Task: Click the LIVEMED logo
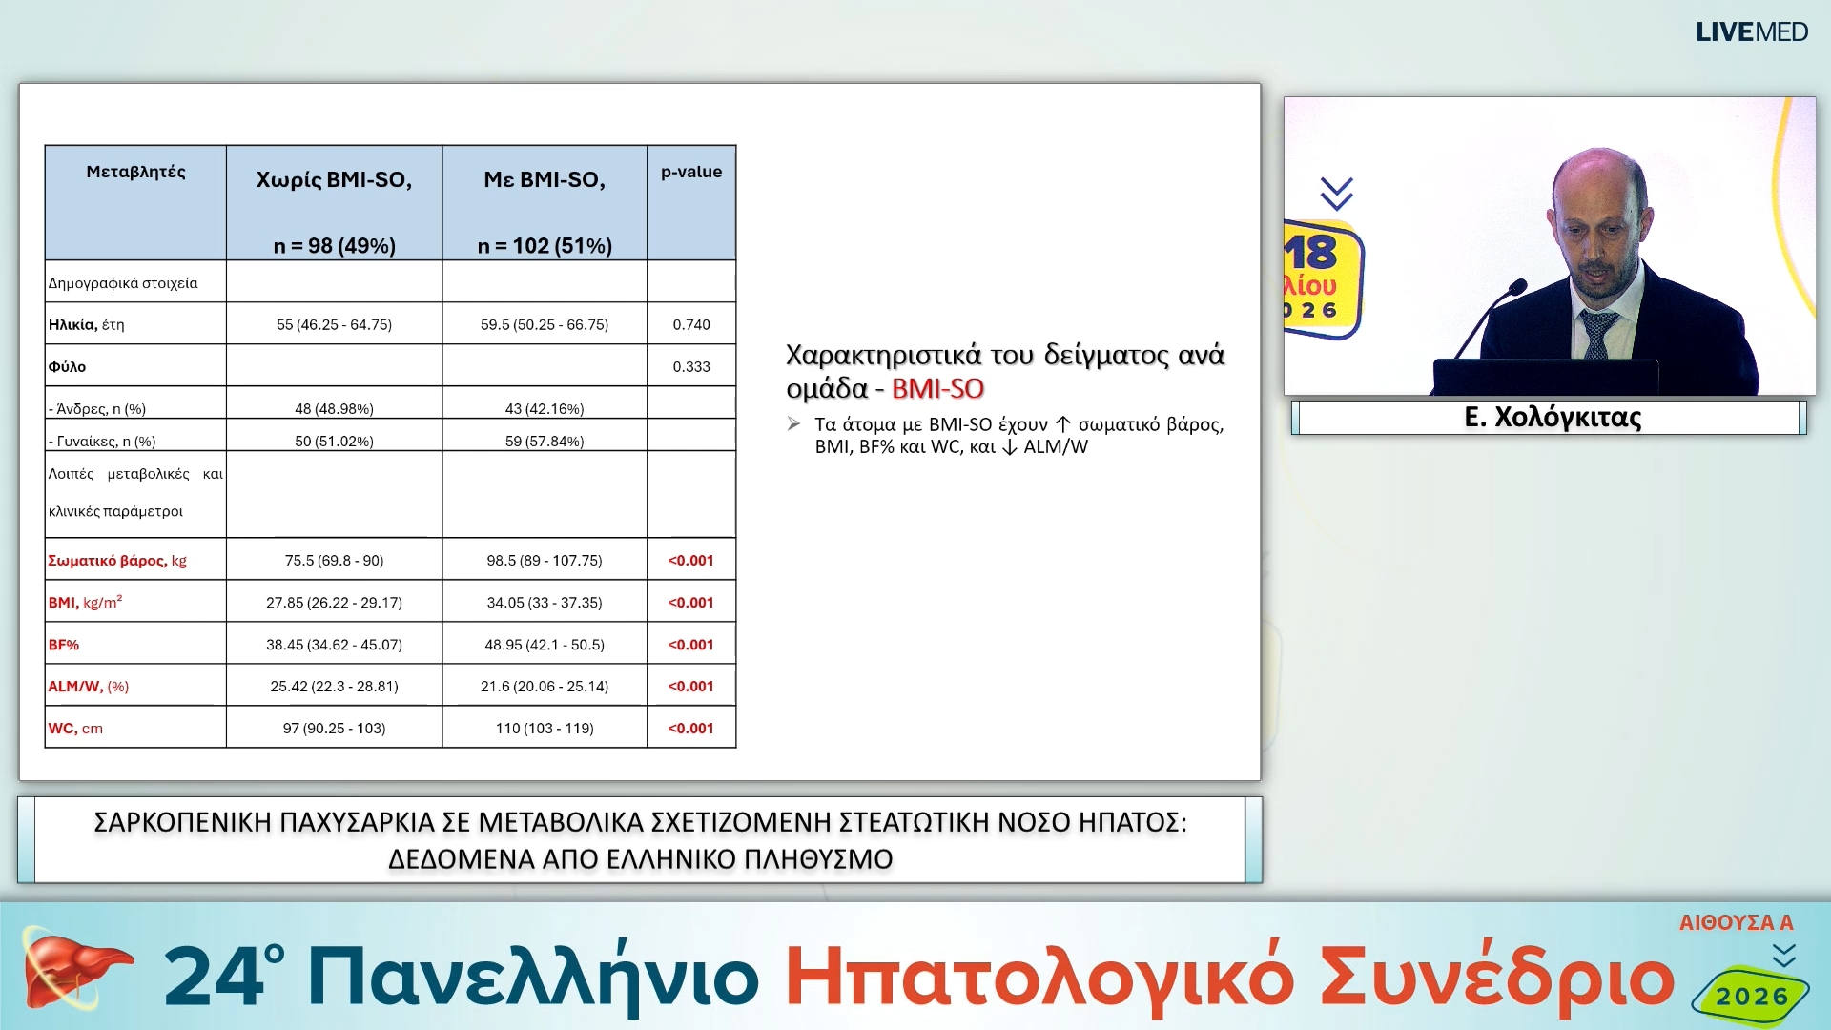click(1751, 32)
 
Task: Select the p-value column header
click(691, 173)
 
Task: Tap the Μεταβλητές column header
click(135, 173)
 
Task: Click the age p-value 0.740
click(691, 325)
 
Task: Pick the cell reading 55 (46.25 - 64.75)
click(334, 325)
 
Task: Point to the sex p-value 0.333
click(691, 367)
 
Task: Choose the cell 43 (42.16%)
click(545, 409)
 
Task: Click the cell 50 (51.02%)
click(334, 442)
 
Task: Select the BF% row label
click(64, 646)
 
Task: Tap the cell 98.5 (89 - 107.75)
click(545, 561)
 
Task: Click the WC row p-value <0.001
click(691, 729)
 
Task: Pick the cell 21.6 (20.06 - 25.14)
click(545, 687)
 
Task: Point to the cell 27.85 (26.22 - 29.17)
click(334, 603)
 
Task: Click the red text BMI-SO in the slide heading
click(937, 389)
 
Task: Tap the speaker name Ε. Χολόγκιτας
click(1553, 418)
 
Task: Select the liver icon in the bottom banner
click(72, 971)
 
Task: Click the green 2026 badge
click(1752, 997)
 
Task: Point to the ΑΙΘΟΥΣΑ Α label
click(1736, 923)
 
